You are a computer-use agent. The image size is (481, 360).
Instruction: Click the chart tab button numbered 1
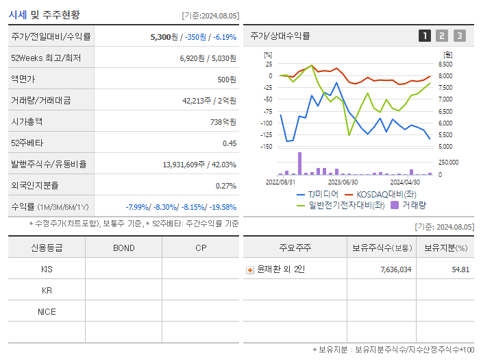coord(425,36)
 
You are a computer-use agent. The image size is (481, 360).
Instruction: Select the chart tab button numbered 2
coord(442,36)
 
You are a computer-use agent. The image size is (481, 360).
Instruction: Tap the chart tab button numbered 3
coord(459,36)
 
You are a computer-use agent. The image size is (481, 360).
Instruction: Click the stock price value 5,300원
coord(165,36)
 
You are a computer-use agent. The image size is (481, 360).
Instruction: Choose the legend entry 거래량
coord(414,204)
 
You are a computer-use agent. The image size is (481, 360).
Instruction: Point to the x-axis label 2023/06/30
coord(343,182)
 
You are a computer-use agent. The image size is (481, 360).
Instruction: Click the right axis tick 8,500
coord(445,64)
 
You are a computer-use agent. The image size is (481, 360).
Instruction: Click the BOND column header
coord(123,248)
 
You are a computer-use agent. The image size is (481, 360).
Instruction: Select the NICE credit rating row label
coord(47,311)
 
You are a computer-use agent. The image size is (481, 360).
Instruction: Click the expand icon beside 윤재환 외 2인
coord(250,269)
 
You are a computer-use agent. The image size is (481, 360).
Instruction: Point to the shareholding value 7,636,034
coord(395,269)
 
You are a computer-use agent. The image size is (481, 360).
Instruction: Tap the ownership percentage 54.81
coord(460,269)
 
